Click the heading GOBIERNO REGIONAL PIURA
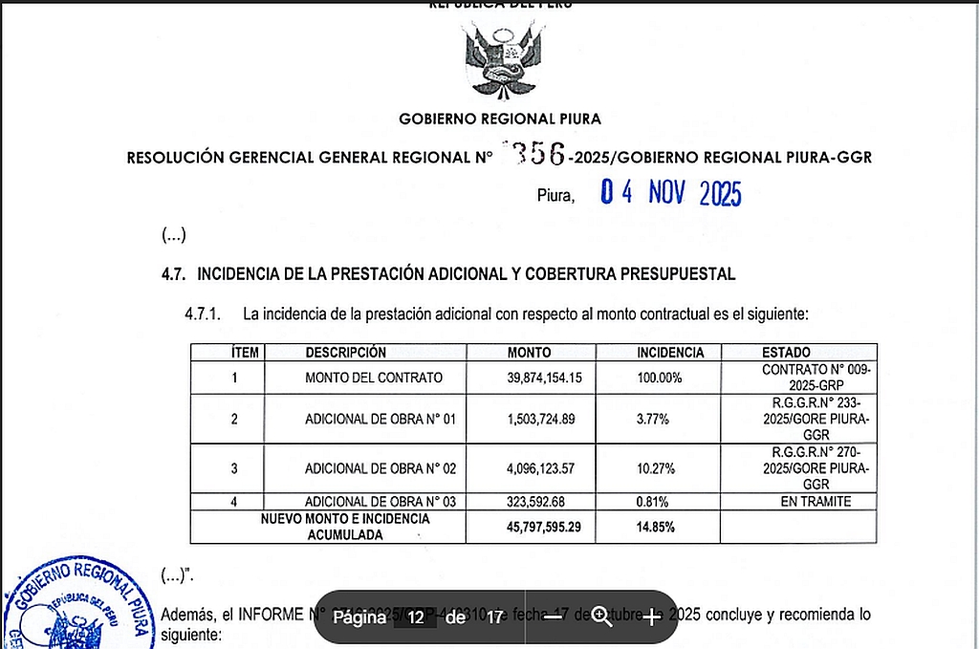click(x=500, y=119)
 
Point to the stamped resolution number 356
click(x=538, y=153)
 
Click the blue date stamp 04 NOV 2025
click(x=670, y=194)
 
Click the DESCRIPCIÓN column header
click(x=346, y=353)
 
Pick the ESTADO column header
click(x=786, y=353)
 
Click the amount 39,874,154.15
click(x=544, y=378)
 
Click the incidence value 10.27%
click(x=657, y=468)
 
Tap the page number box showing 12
click(x=415, y=617)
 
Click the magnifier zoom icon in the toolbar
click(x=601, y=617)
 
